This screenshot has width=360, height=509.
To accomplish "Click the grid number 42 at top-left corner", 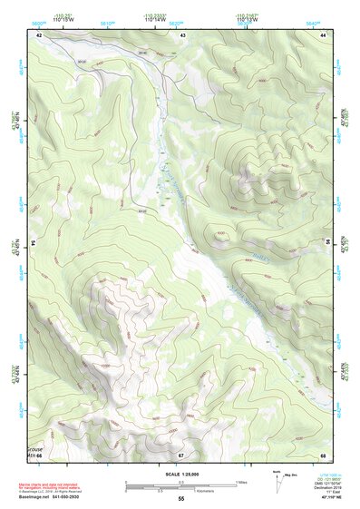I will point(39,34).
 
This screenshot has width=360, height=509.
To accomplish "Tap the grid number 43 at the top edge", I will point(182,34).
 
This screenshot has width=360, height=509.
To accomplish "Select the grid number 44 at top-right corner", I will point(324,34).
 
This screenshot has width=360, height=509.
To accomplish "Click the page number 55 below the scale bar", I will point(180,498).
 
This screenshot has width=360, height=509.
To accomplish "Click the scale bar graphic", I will point(180,485).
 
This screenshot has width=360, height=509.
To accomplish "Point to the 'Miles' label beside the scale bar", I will point(242,481).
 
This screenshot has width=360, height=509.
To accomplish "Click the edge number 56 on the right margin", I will point(331,245).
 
